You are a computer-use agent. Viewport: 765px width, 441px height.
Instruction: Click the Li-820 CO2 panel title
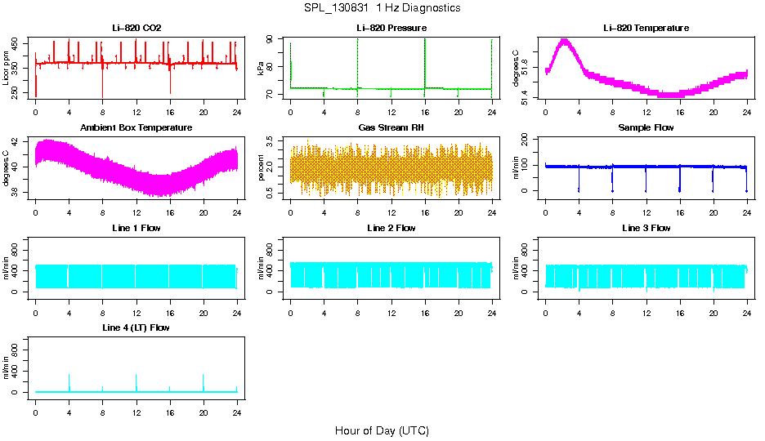point(136,28)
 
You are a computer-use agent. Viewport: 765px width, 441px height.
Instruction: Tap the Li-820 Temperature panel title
point(646,28)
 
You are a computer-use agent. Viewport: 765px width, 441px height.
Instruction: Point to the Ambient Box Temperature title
point(136,127)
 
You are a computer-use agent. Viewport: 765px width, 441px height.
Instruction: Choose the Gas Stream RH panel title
point(391,127)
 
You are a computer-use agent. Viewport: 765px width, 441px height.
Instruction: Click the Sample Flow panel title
point(646,127)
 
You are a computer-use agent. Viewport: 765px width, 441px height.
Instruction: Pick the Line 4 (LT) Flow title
point(136,327)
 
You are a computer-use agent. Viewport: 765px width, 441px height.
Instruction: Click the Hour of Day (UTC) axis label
point(382,430)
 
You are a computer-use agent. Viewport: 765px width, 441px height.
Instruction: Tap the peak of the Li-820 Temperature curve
point(564,40)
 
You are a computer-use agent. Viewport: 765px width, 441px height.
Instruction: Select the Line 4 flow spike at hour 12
point(136,376)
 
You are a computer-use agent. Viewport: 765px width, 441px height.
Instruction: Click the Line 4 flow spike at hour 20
point(203,376)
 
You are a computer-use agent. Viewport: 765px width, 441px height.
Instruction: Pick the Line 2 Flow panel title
point(391,228)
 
